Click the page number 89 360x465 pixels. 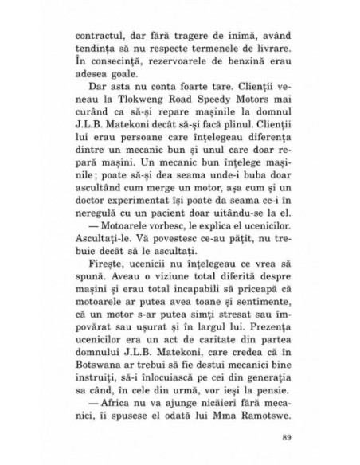coord(276,460)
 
